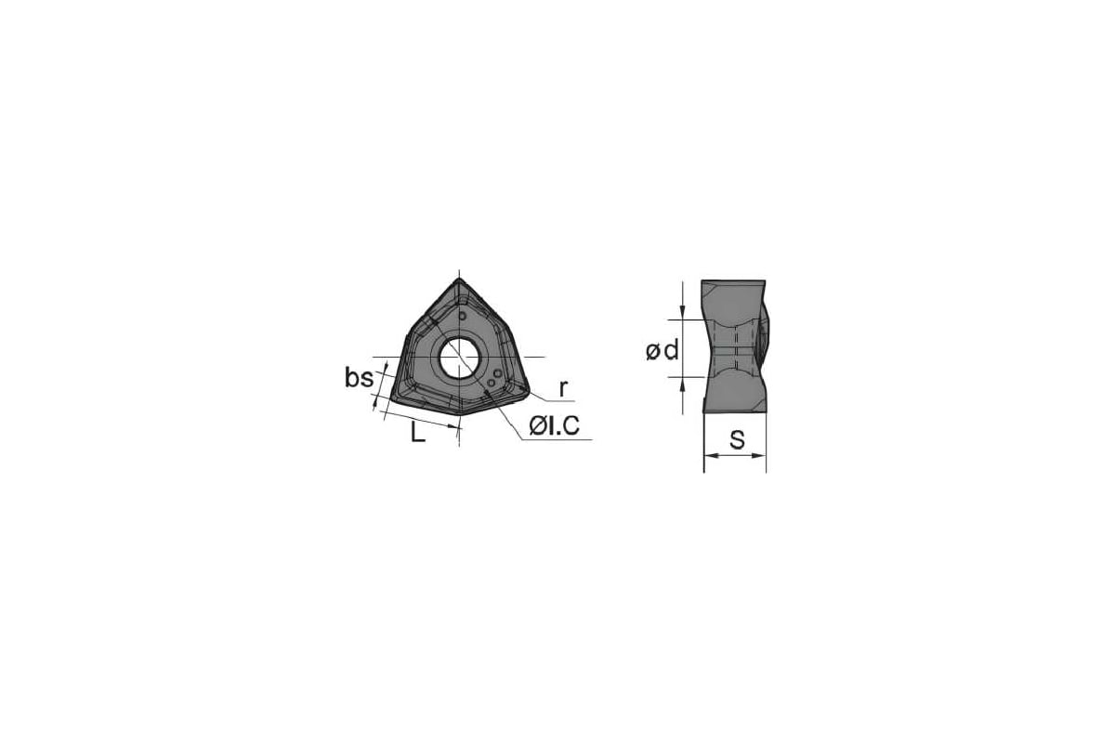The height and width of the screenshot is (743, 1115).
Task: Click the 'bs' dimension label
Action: tap(359, 378)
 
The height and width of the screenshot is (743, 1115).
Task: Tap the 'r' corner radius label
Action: tap(563, 388)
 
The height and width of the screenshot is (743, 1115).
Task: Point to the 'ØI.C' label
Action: tap(554, 426)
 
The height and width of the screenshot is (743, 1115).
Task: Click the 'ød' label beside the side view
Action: tap(662, 351)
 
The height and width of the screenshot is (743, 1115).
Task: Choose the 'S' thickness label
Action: tap(737, 439)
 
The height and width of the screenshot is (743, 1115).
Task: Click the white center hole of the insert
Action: tap(459, 358)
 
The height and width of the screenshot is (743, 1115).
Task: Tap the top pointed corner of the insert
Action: tap(459, 280)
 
